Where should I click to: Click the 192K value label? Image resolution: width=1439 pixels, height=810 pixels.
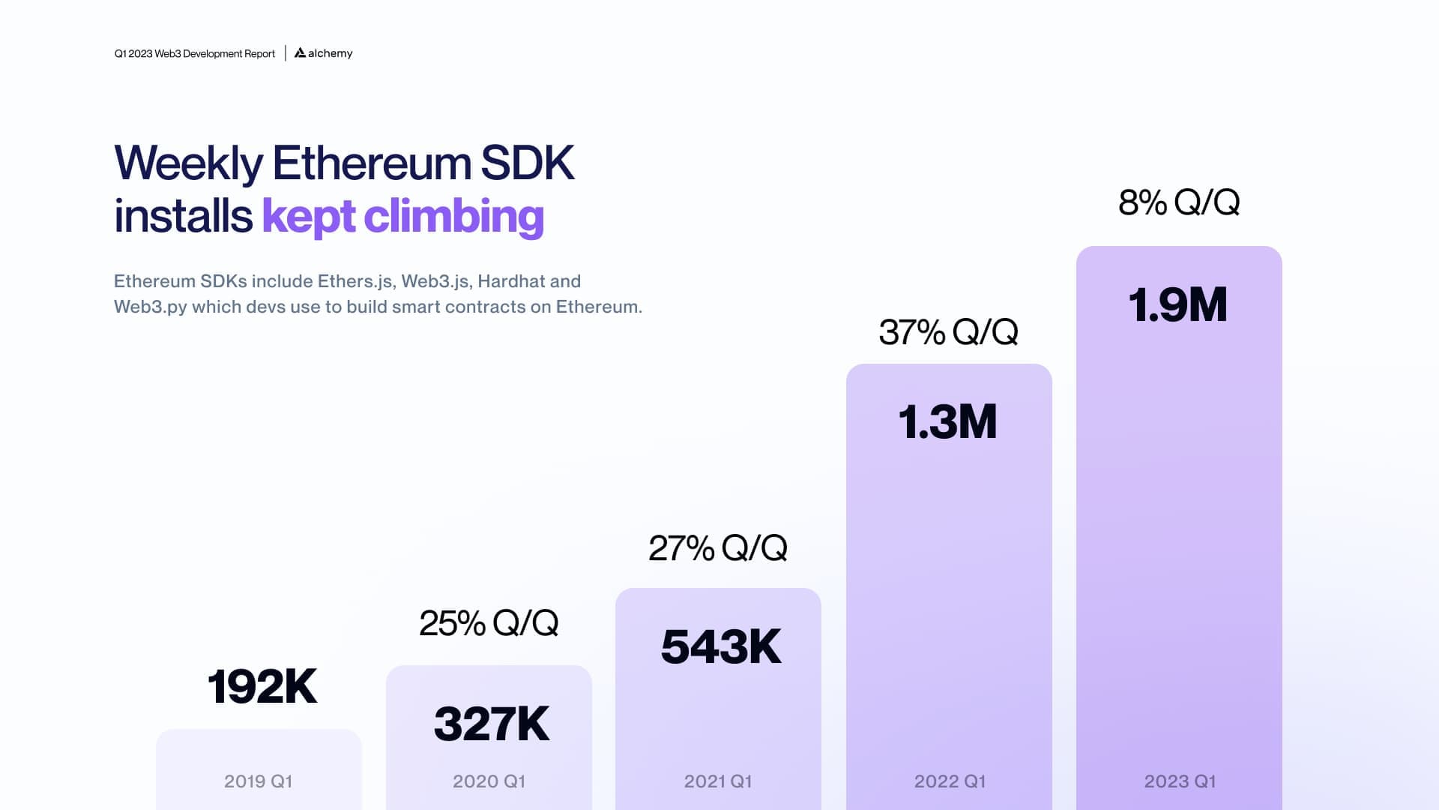[x=262, y=686]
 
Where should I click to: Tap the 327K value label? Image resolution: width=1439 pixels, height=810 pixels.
[x=492, y=724]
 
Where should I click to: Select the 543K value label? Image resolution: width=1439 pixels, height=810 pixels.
[x=721, y=646]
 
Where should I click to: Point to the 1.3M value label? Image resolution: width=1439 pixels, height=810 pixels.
[x=947, y=421]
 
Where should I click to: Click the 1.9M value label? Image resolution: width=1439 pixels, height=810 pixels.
[x=1177, y=305]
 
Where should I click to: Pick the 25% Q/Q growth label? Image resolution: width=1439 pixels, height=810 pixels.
[x=489, y=623]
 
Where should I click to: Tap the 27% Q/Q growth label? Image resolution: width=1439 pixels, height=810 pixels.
[x=718, y=548]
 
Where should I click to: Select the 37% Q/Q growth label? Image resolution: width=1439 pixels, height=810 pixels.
[x=948, y=332]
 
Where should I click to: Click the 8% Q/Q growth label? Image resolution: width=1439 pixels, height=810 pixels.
[x=1179, y=202]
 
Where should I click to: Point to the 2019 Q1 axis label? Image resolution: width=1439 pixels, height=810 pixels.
[x=258, y=781]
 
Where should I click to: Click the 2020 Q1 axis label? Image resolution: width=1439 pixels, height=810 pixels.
[x=489, y=781]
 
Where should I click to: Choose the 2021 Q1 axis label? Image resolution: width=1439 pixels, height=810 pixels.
[x=718, y=781]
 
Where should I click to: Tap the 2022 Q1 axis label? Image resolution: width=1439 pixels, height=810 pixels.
[x=950, y=781]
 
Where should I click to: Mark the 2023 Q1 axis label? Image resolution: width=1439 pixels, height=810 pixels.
[x=1180, y=781]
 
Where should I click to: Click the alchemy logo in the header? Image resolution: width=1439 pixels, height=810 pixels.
[x=324, y=53]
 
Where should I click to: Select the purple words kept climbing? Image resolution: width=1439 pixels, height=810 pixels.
[x=402, y=216]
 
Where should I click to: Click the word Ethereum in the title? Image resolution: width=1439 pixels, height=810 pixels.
[x=371, y=163]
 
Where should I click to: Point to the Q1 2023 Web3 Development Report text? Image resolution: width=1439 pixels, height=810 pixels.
[x=195, y=54]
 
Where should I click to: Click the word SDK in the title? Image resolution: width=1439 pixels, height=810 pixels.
[x=527, y=163]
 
